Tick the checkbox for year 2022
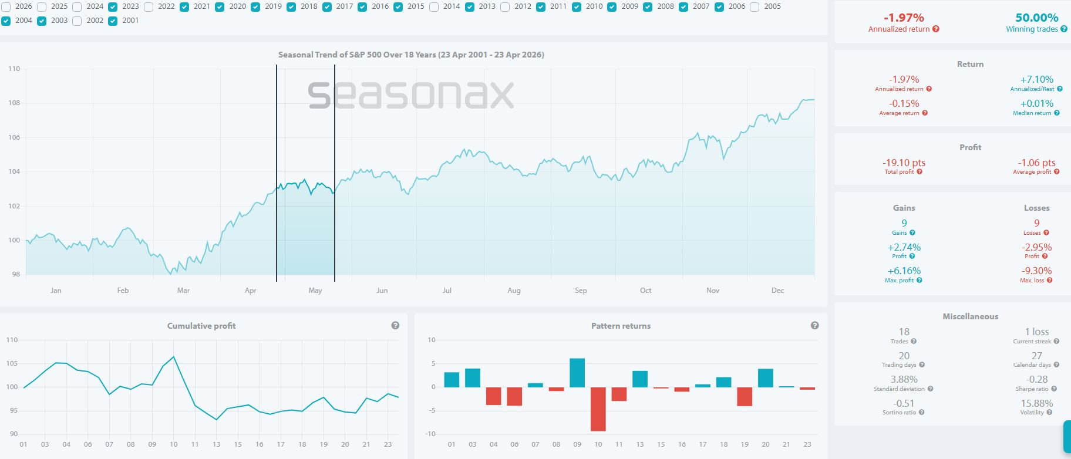tap(149, 7)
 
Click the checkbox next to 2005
tap(755, 7)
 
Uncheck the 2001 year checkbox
tap(113, 21)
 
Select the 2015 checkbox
tap(398, 7)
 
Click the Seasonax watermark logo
tap(411, 95)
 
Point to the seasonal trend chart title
tap(411, 55)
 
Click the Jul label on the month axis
tap(447, 291)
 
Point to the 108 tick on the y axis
tap(14, 103)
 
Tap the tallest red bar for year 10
tap(598, 409)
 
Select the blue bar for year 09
tap(577, 373)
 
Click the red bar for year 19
tap(745, 397)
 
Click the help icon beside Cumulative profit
tap(395, 326)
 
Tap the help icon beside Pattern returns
tap(814, 326)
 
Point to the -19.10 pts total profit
tap(904, 163)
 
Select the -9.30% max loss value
tap(1036, 271)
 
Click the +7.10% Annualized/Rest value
tap(1036, 79)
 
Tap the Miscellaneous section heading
tap(970, 316)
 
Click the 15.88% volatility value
tap(1036, 403)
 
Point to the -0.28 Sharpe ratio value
tap(1036, 379)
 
